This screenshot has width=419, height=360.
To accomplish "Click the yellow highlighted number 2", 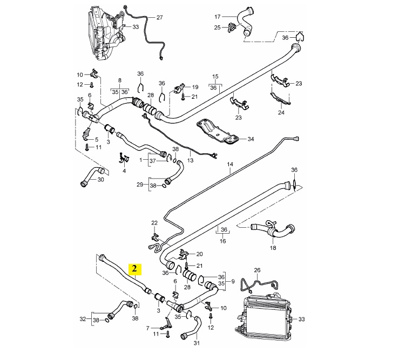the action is (134, 269).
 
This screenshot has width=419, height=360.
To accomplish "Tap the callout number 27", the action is (159, 17).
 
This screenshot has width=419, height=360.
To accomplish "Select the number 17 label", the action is (218, 17).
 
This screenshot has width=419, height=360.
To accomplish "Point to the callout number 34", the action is (251, 139).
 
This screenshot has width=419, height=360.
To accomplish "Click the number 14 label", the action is (230, 164).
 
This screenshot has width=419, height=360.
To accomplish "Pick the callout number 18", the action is (273, 248).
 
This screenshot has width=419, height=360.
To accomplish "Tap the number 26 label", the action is (257, 270).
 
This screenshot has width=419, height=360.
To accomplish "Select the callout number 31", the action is (197, 343).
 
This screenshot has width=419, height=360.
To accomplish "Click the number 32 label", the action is (83, 318).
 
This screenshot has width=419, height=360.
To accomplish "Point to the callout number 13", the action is (190, 160).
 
